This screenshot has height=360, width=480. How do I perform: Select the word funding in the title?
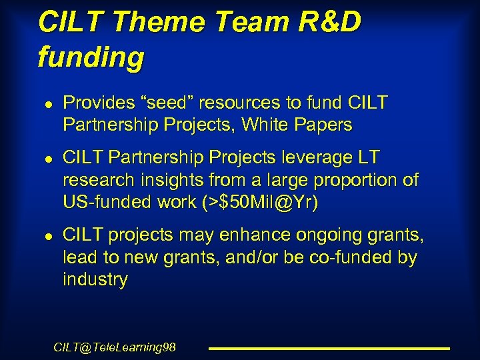(x=91, y=57)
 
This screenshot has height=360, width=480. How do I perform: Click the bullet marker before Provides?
(x=41, y=104)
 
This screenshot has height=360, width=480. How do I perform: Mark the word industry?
(x=95, y=279)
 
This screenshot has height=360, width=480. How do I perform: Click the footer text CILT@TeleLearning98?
(x=114, y=347)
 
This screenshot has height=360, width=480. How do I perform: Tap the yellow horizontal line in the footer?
(x=329, y=348)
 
